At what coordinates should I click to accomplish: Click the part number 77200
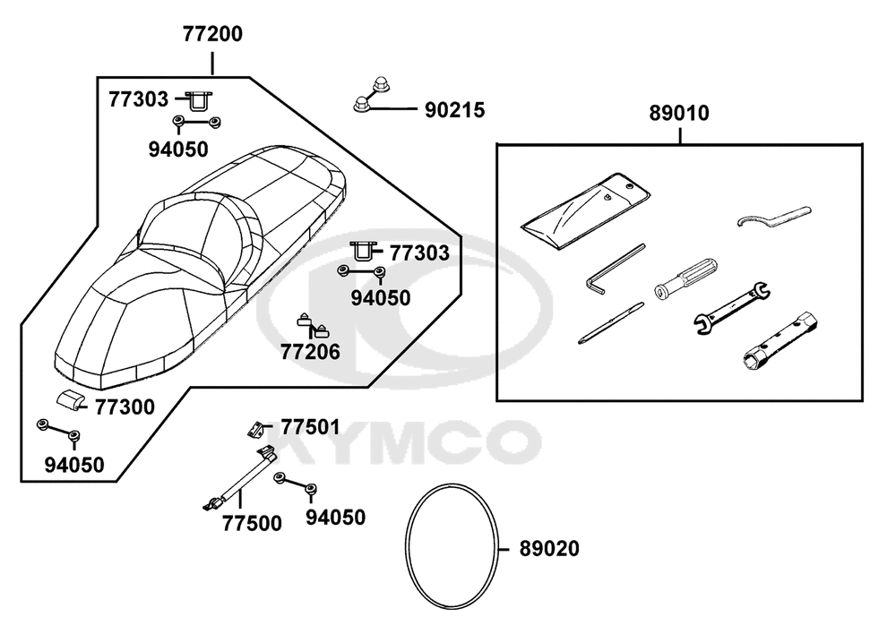tap(212, 34)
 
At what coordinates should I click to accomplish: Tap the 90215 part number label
tap(454, 110)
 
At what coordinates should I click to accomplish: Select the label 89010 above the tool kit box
tap(679, 113)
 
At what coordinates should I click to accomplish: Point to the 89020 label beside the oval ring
tap(549, 549)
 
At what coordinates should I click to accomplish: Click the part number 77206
tap(310, 352)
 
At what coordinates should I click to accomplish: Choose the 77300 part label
tap(125, 407)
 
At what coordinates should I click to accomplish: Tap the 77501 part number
tap(310, 427)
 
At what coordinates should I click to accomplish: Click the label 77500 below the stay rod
tap(252, 523)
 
